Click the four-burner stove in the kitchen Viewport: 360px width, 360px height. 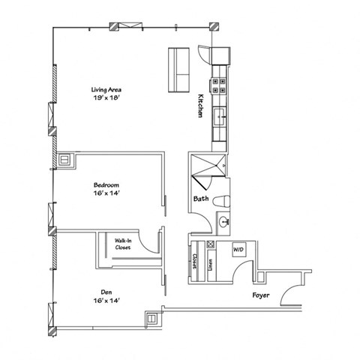(220, 84)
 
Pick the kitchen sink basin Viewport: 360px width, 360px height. (220, 116)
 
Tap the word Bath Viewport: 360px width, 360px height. (200, 199)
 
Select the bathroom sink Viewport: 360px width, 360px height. (223, 221)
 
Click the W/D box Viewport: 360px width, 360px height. (238, 248)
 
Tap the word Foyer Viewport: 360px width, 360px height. (260, 295)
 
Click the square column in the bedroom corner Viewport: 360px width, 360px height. (65, 158)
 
